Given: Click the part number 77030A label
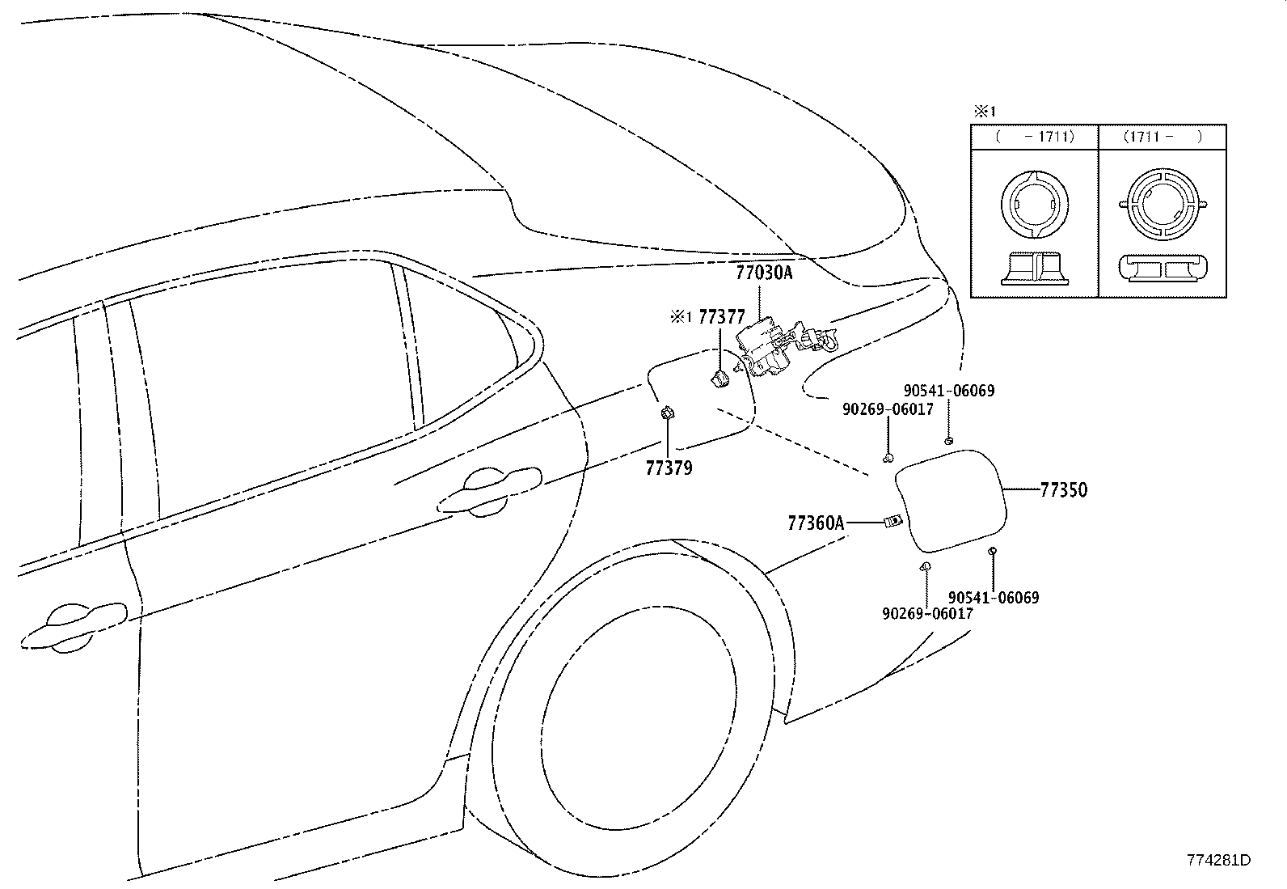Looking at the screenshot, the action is point(764,273).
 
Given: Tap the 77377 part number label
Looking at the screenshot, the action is point(722,317).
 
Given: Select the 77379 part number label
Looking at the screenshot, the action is point(669,468).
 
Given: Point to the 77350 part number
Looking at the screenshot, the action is point(1064,490).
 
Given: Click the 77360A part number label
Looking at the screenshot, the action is point(816,523).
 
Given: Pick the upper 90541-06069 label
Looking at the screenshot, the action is point(949,391).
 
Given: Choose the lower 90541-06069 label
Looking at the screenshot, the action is point(994,598).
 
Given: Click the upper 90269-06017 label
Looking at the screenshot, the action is point(888,409).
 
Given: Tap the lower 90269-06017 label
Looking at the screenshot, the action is point(928,613).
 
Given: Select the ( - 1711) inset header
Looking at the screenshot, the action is point(1035,137).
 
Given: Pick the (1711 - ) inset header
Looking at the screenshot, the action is point(1163,137).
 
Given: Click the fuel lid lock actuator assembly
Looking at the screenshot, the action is point(784,349).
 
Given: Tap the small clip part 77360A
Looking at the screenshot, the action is point(892,522).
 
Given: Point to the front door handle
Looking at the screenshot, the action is point(74,628).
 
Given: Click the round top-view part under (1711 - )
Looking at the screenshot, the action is point(1163,205).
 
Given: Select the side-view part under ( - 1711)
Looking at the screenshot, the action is point(1035,269).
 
